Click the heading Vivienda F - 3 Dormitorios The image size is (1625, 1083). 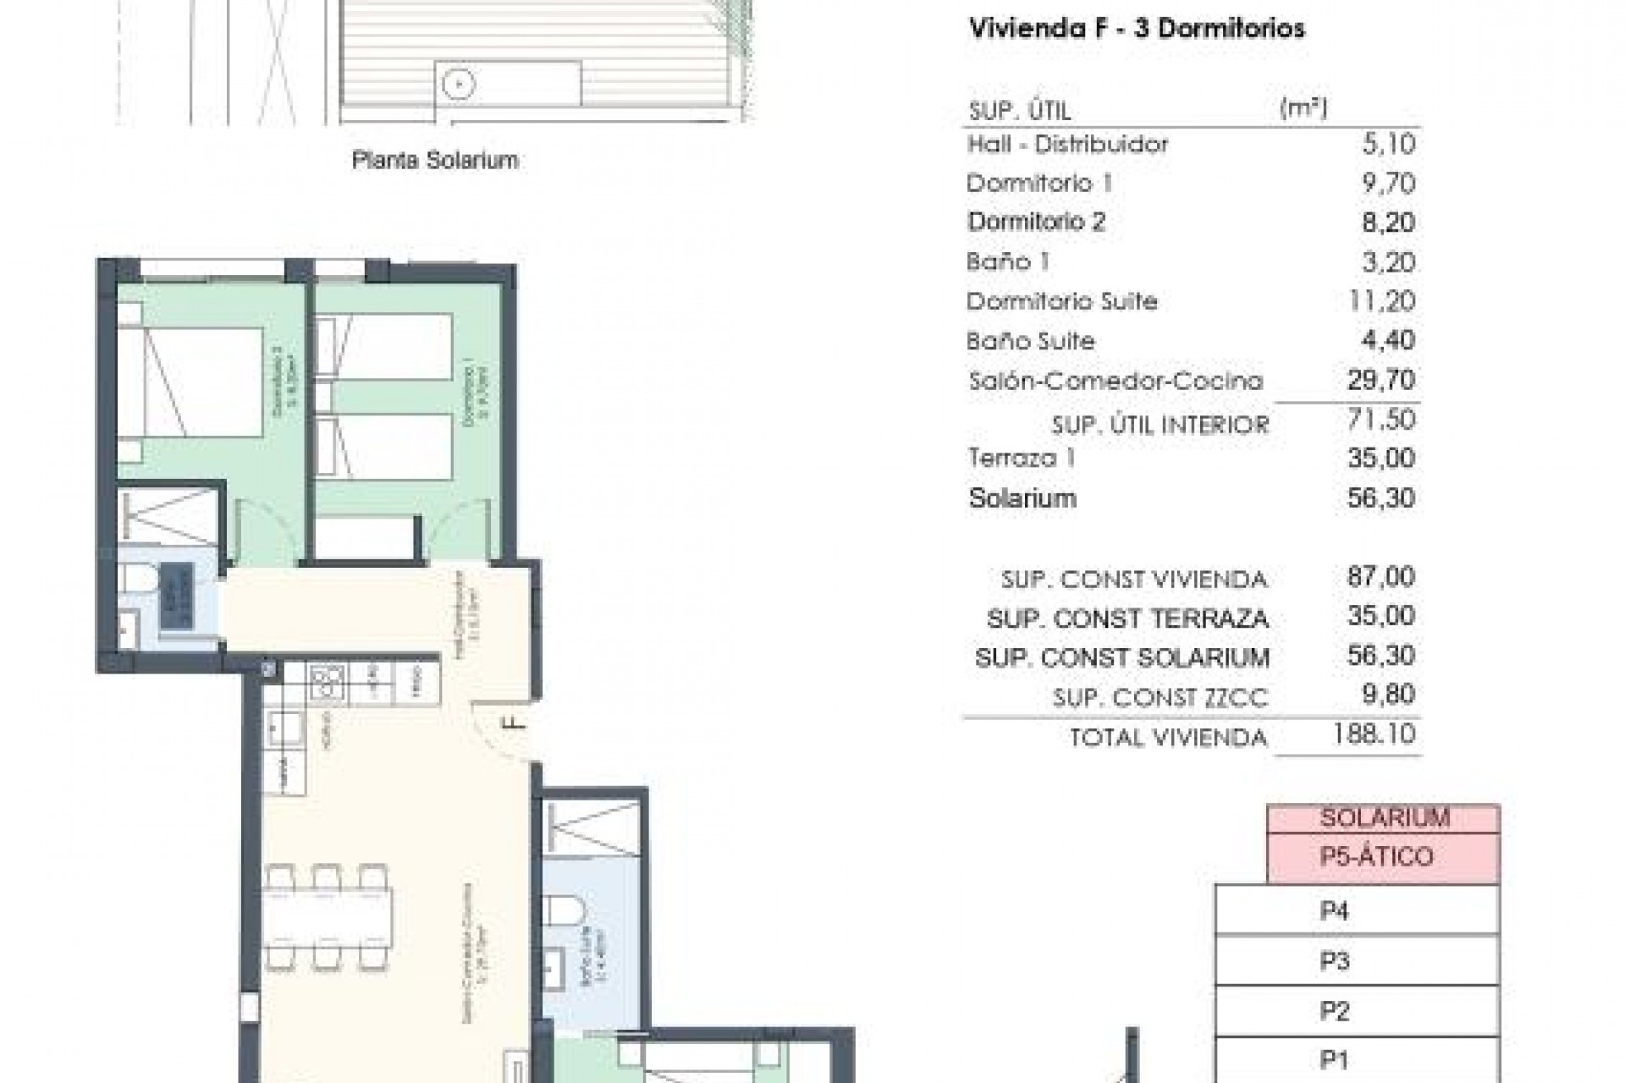click(1137, 29)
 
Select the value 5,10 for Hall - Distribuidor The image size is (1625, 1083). click(1388, 144)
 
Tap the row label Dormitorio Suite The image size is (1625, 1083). click(1061, 301)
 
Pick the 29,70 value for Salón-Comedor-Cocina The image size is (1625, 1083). click(1380, 380)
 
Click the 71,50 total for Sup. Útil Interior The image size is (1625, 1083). click(1380, 420)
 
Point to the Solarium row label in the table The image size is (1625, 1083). click(1022, 498)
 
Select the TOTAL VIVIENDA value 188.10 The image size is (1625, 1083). click(1374, 734)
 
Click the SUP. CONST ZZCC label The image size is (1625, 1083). click(1160, 698)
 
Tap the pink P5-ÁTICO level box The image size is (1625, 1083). click(1383, 858)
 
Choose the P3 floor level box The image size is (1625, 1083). click(1357, 961)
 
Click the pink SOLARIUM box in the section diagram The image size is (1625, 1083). click(1383, 818)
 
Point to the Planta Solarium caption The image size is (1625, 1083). click(434, 160)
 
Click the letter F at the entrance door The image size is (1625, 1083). click(513, 723)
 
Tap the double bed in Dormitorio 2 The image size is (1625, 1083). click(190, 382)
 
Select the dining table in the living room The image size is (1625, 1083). click(327, 916)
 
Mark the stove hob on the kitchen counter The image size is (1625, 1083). click(329, 684)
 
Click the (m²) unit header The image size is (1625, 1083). click(1303, 107)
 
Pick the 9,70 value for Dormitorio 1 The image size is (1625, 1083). click(1388, 184)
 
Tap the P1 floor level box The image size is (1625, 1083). click(1357, 1059)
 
